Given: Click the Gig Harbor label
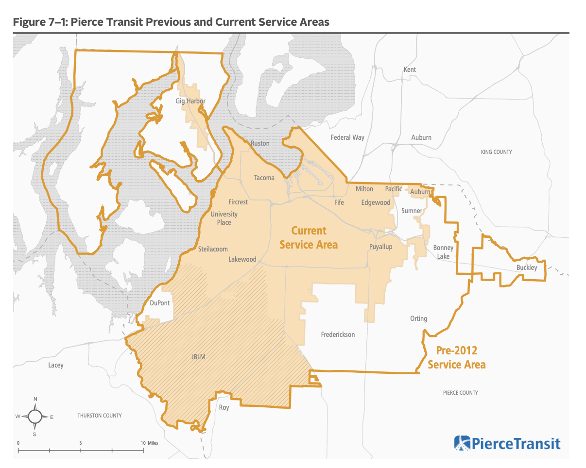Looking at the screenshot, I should pos(190,101).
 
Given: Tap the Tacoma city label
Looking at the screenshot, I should pos(264,178).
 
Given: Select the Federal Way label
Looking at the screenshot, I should pos(347,137).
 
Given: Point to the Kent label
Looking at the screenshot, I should pos(410,69).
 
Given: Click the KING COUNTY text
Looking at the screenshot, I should pos(496,152).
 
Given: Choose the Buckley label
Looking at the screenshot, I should pos(527,267).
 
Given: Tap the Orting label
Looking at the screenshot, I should pos(418,318).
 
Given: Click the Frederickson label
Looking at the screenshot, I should pos(338,334).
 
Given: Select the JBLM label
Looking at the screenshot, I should pos(198,357).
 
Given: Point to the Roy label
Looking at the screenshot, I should pos(224,408).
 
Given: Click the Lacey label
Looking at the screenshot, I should pos(56,365).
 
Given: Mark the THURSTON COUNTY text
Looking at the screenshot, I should pos(100,416).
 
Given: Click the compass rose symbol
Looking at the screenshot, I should pos(35,417).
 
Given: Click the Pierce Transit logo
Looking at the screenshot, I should pos(507,443).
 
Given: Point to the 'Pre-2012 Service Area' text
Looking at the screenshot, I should pos(456,357).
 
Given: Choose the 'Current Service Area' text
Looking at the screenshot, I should pos(309,237).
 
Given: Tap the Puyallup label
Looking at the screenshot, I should pos(380,247).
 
